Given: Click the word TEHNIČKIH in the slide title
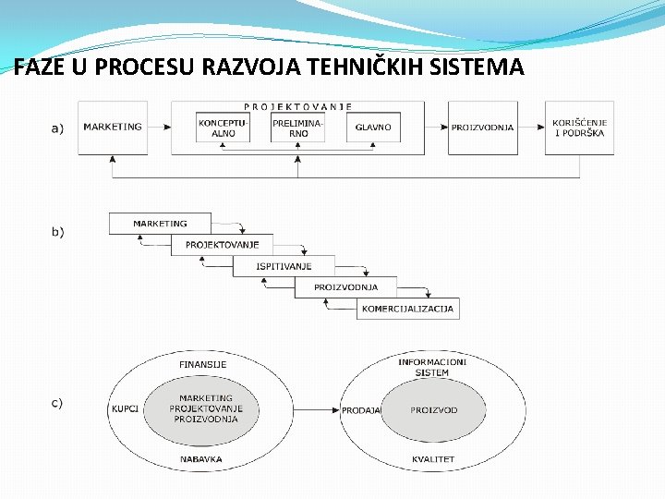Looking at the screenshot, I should coord(368,67).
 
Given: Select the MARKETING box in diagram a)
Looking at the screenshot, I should coord(113,128).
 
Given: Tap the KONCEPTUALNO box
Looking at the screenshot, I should coord(224,128).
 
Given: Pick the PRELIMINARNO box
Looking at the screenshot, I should coord(298,128).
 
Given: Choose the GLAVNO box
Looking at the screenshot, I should coord(373,128).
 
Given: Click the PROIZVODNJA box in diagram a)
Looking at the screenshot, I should coord(482,128).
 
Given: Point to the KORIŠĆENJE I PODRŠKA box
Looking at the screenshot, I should coord(579,128).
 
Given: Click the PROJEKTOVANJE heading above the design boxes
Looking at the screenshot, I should coord(298,106).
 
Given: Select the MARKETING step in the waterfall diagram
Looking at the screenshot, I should coord(160,224).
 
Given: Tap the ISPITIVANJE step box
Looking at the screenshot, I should coord(284,266).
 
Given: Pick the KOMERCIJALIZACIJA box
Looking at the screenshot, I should coord(407,309).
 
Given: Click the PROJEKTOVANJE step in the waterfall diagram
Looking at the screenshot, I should coord(222,245).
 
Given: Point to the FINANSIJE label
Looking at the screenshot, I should coord(202,364).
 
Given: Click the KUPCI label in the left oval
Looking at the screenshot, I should coord(125,408).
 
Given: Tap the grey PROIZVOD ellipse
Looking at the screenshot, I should coord(434,409).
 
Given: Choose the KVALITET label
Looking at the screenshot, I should coord(433,459).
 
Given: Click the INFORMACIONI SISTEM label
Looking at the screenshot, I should coord(432,367).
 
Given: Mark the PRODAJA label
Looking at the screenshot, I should coord(361,410).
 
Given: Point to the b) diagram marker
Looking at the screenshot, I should coord(57,232).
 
